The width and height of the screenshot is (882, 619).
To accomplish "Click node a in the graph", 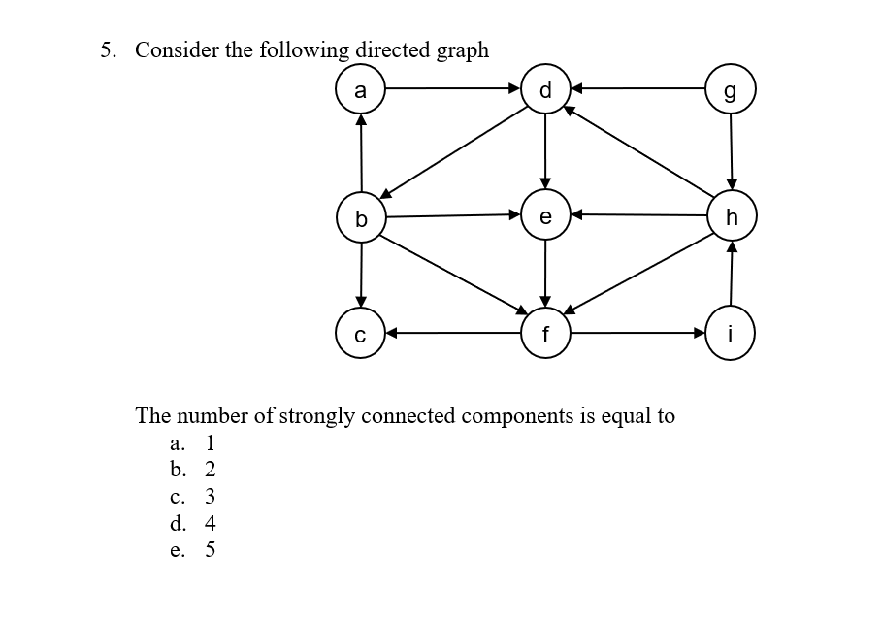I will (361, 91).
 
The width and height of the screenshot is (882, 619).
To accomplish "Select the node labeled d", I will (545, 91).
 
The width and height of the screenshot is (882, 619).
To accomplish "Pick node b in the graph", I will (361, 217).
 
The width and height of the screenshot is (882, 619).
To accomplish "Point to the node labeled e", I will (545, 216).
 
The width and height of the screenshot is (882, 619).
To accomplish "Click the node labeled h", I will (731, 217).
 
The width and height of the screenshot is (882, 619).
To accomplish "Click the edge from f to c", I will (453, 333).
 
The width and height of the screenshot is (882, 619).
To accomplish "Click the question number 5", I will (108, 50).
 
